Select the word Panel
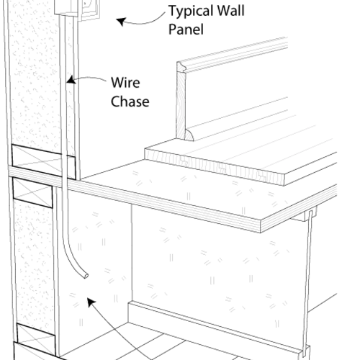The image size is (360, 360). point(186,30)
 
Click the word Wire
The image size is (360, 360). point(125,83)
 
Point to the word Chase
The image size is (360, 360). point(130,102)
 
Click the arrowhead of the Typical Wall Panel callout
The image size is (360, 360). point(122,22)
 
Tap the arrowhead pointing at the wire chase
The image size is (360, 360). point(71,80)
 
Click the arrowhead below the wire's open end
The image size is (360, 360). point(91,302)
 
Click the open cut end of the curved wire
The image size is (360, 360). point(86,276)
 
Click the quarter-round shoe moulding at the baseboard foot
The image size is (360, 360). point(189,135)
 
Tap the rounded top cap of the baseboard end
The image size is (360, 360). point(181,67)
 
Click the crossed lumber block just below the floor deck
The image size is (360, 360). point(32,192)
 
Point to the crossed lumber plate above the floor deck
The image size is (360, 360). point(44,162)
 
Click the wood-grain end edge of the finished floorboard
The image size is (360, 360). point(215,167)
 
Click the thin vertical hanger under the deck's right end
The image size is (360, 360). point(307,282)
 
